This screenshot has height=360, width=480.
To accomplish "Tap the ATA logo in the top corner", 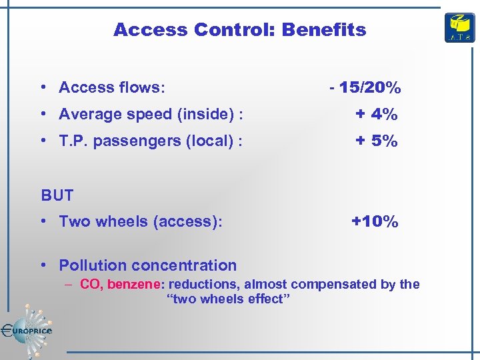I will [x=459, y=28].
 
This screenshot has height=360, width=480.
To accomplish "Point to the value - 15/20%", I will [x=365, y=87].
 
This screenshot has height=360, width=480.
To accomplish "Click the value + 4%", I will [x=376, y=114].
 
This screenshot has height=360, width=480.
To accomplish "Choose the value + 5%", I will [x=376, y=141].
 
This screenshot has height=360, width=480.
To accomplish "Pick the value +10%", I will [x=375, y=221].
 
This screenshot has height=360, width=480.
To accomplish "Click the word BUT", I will [x=57, y=195].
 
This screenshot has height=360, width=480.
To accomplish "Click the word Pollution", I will [x=94, y=265].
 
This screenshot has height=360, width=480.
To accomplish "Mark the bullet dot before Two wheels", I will [x=43, y=221].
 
